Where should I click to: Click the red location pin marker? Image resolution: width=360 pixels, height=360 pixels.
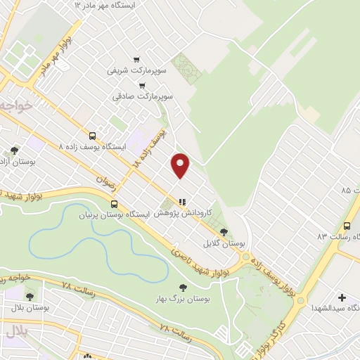coord(181,165)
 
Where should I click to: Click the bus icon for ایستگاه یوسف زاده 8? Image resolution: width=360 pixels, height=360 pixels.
coord(92,136)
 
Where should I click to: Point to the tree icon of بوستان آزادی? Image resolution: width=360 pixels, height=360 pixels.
coord(15,150)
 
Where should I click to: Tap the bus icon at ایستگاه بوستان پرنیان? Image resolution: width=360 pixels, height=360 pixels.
coord(114,203)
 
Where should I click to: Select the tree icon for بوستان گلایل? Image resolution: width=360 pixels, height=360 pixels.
coord(224,231)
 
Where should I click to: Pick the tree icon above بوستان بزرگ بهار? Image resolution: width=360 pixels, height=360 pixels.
coord(183,287)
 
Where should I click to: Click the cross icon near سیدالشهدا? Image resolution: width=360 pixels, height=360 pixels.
coord(342,298)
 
